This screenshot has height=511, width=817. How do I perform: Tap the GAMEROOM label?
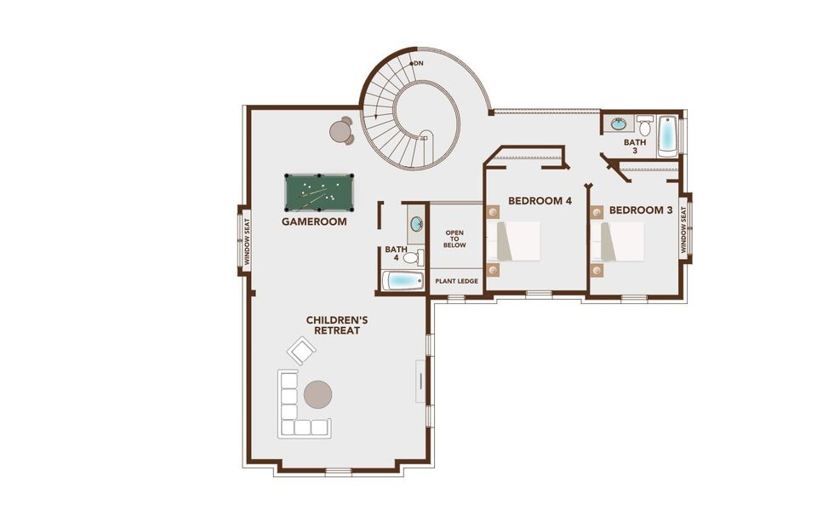coord(314,221)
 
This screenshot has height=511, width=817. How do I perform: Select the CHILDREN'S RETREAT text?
coord(337,324)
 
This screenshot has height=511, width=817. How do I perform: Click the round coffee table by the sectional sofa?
coord(318,393)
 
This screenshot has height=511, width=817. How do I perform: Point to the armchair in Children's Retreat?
coord(301,350)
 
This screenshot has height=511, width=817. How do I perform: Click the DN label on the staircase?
coord(419,64)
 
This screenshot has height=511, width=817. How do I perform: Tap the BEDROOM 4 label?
coord(540,201)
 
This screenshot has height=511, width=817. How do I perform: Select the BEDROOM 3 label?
coord(641,210)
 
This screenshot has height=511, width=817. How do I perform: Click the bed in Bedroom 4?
coord(518,241)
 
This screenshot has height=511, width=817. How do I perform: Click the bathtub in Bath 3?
coord(667,134)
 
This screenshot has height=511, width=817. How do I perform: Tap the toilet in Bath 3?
coord(645,127)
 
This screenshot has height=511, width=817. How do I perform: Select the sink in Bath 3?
coord(617,124)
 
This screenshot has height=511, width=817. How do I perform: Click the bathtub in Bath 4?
coord(402,281)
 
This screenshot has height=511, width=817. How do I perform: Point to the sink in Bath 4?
coord(416,225)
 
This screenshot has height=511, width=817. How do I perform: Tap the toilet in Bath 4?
coord(413,256)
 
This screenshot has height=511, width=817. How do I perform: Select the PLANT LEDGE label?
coord(456,280)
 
